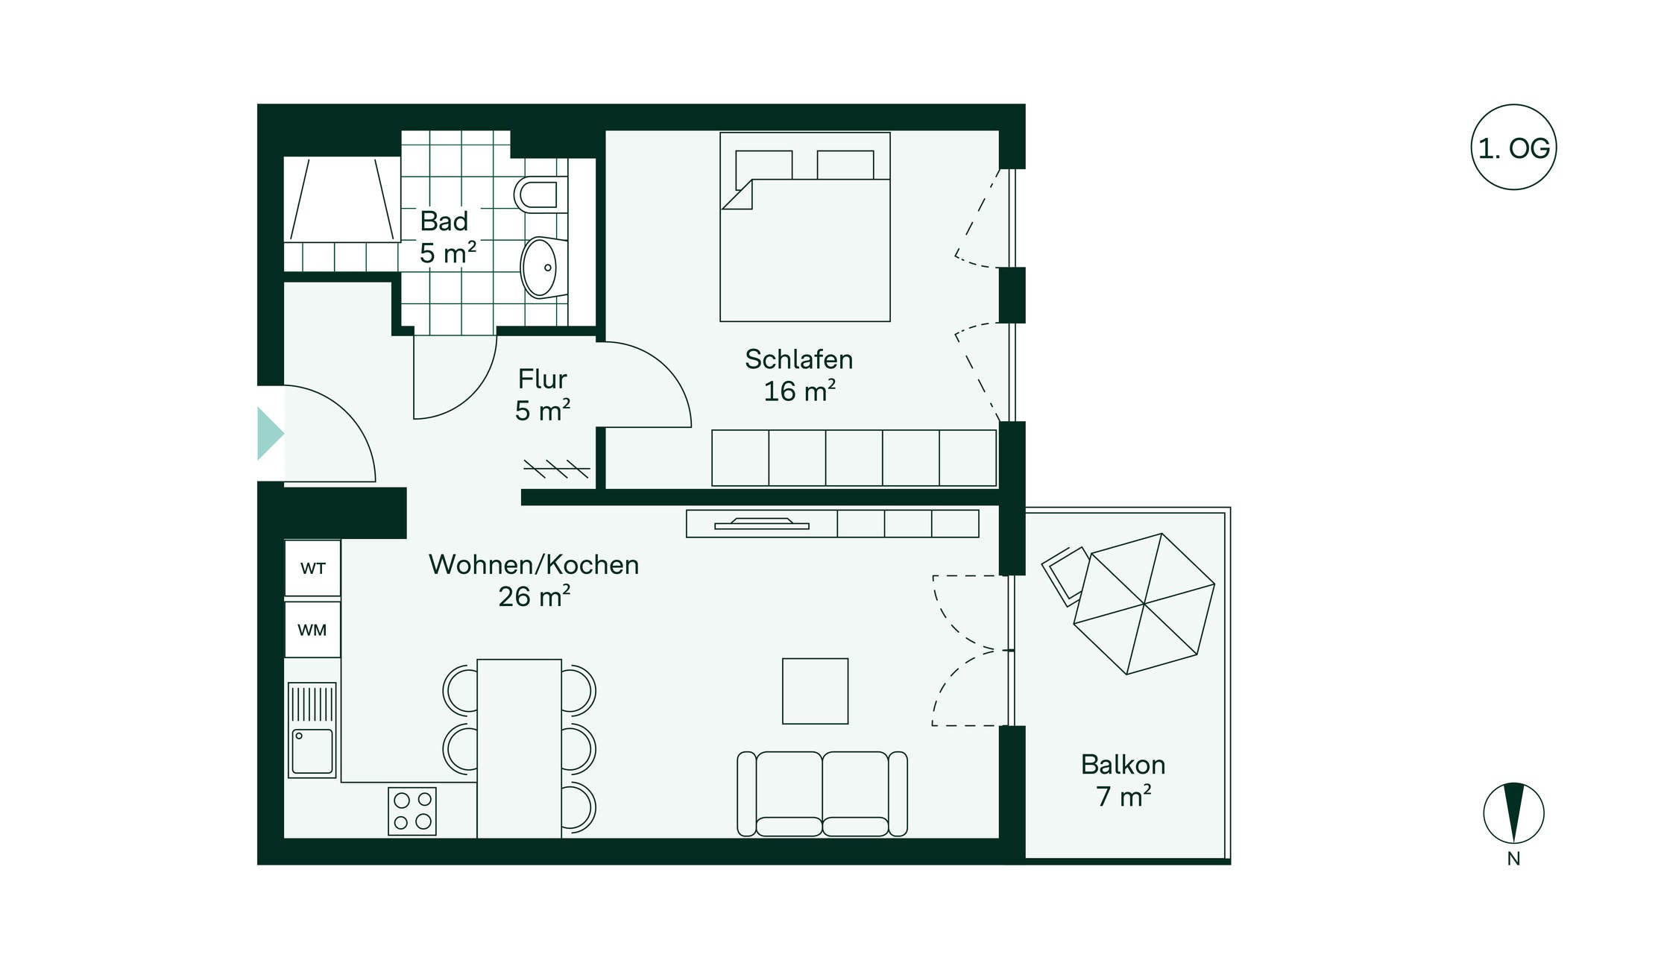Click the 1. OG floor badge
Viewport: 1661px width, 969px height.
[1513, 148]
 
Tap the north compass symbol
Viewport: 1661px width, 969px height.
[1513, 813]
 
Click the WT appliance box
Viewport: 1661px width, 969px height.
[312, 568]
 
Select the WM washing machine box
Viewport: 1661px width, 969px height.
[312, 630]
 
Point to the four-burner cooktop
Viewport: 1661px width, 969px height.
[412, 811]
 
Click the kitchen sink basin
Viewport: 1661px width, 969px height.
[312, 751]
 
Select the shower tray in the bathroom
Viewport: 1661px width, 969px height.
[342, 199]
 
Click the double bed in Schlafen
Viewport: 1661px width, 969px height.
[805, 227]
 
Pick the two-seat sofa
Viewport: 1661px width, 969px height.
[822, 794]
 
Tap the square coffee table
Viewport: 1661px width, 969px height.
[815, 691]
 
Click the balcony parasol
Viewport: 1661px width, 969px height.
[1144, 604]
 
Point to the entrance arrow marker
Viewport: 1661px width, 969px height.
[270, 433]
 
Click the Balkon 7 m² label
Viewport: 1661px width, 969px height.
[1123, 780]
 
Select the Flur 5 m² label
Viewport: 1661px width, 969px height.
[543, 395]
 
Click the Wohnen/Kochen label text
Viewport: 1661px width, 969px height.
[534, 565]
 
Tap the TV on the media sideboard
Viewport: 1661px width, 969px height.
[762, 524]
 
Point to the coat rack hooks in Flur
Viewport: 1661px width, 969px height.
[557, 469]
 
